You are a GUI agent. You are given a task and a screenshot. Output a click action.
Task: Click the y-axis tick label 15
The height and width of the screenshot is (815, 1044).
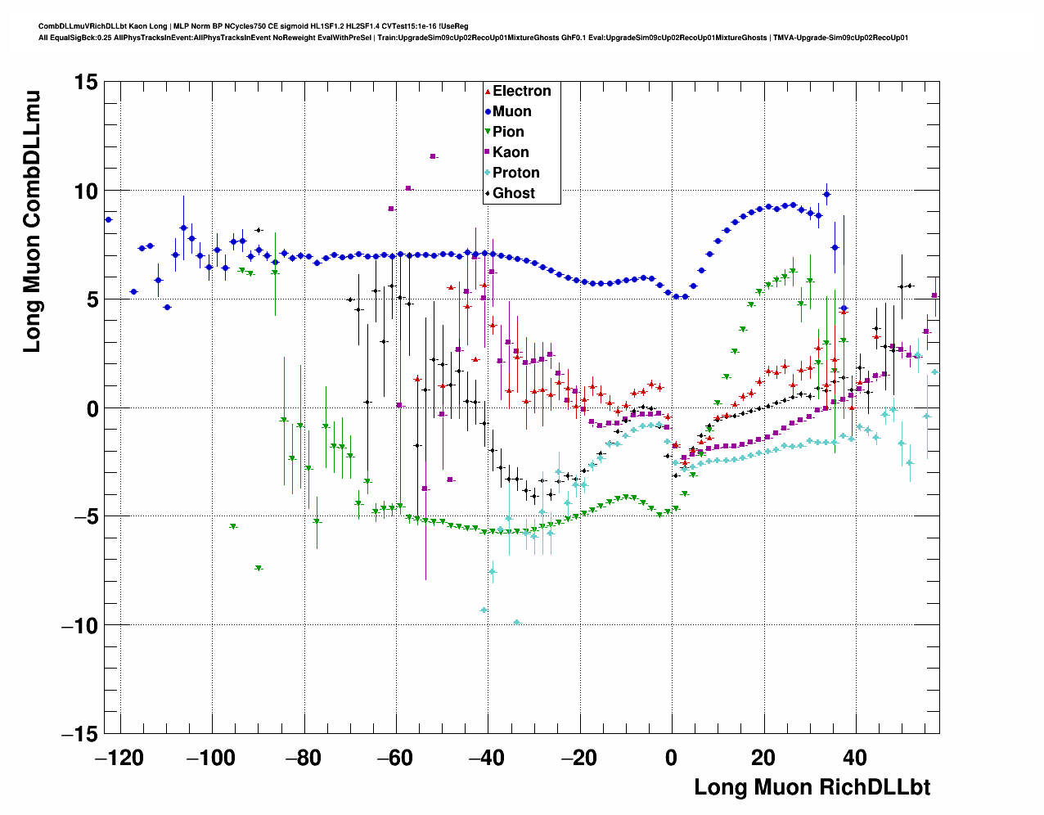[x=84, y=82]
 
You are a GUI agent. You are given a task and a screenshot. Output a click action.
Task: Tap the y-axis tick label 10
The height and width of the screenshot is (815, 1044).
[x=84, y=191]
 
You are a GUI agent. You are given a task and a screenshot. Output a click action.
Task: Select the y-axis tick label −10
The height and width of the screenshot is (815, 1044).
[x=79, y=625]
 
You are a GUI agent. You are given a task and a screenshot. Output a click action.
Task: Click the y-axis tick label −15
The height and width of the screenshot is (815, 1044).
[x=79, y=734]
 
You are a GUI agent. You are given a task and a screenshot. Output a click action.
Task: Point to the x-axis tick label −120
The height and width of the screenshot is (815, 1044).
[x=120, y=758]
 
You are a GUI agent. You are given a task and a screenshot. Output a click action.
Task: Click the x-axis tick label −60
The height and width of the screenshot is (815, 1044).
[x=396, y=758]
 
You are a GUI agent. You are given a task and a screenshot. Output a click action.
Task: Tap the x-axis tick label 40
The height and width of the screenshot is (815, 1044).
[x=856, y=758]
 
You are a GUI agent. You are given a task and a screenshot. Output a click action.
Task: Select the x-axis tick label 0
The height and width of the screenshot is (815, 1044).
[x=672, y=758]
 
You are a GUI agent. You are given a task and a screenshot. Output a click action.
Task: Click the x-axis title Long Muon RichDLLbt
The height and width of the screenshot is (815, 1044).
[x=812, y=787]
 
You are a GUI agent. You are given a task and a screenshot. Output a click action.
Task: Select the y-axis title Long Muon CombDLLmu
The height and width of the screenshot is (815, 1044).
[x=31, y=222]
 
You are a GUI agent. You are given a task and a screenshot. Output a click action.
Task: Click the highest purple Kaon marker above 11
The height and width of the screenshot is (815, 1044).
[x=433, y=156]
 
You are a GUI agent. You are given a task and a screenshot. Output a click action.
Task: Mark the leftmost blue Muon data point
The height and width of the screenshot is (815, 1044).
[x=108, y=219]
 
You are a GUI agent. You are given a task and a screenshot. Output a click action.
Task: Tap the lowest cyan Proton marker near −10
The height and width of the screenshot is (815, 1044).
[x=516, y=623]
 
